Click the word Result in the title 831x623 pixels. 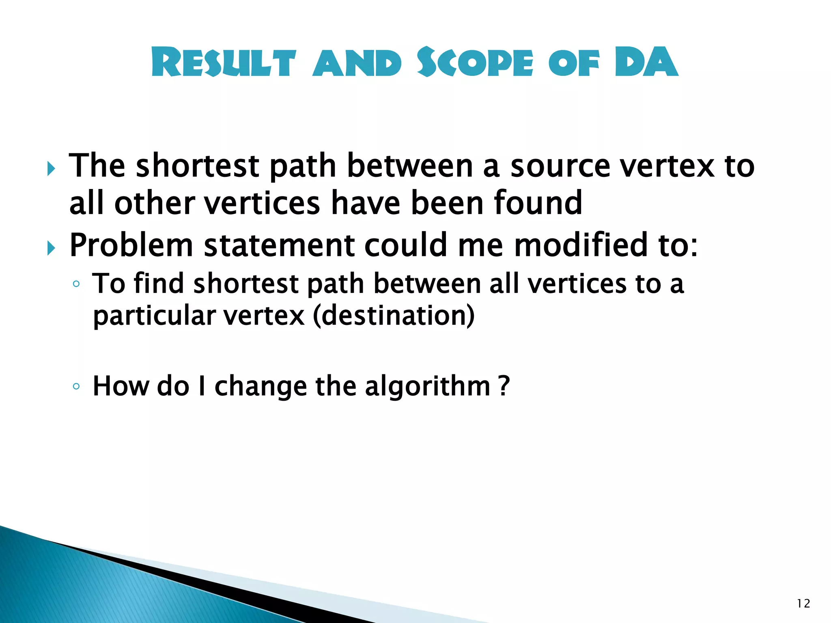pyautogui.click(x=224, y=62)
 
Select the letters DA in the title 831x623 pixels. pyautogui.click(x=646, y=62)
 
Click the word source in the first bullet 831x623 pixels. pyautogui.click(x=560, y=166)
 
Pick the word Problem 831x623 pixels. pyautogui.click(x=131, y=246)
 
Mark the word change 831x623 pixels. pyautogui.click(x=260, y=387)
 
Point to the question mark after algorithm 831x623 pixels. pyautogui.click(x=504, y=386)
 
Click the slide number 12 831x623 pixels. pyautogui.click(x=803, y=604)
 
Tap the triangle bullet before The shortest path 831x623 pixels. pyautogui.click(x=50, y=168)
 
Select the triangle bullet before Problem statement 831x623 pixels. pyautogui.click(x=50, y=247)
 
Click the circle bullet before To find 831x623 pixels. pyautogui.click(x=76, y=284)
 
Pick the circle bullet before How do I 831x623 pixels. pyautogui.click(x=76, y=386)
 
